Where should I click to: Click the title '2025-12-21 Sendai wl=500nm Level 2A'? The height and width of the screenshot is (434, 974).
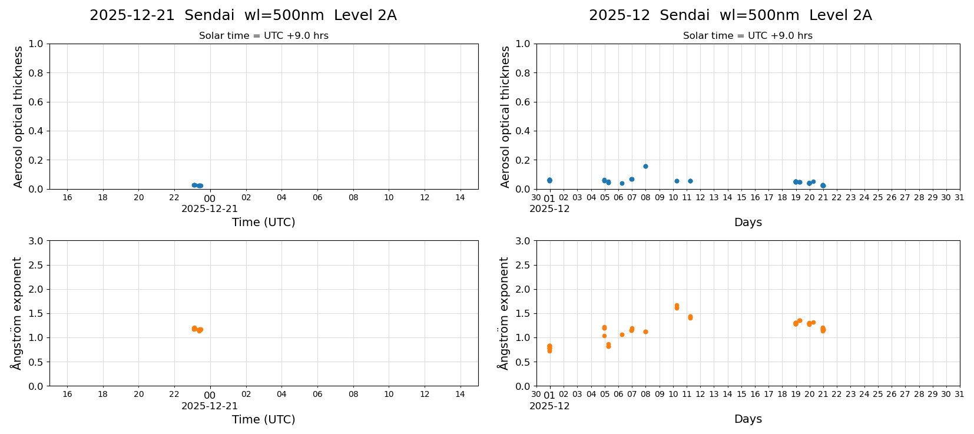(x=243, y=16)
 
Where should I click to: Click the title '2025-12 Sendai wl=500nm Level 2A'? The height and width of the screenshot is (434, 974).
(x=730, y=16)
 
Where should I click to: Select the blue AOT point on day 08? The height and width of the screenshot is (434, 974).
(x=645, y=166)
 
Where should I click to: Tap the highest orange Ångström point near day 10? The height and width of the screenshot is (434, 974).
(x=677, y=306)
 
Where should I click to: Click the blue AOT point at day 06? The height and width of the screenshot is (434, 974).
(x=622, y=183)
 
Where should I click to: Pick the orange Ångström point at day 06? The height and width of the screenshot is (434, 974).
(x=622, y=334)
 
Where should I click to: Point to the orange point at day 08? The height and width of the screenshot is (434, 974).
(x=645, y=332)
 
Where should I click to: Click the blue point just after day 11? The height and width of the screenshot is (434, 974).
(x=690, y=181)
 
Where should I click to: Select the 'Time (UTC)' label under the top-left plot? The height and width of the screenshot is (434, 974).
(x=263, y=222)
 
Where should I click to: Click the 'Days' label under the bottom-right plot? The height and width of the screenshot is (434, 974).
(x=747, y=419)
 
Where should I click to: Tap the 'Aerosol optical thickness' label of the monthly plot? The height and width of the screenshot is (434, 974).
(x=505, y=117)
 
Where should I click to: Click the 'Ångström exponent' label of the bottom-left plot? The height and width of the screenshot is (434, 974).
(x=17, y=313)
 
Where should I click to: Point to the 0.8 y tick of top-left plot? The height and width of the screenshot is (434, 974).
(x=36, y=73)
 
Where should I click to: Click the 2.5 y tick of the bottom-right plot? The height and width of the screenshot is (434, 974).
(x=523, y=265)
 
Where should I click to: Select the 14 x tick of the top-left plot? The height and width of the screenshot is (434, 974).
(x=460, y=197)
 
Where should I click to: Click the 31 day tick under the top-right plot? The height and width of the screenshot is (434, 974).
(x=959, y=197)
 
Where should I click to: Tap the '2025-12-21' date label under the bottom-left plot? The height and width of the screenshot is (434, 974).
(x=210, y=406)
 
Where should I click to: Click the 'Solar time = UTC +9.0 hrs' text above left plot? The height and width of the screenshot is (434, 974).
(x=263, y=36)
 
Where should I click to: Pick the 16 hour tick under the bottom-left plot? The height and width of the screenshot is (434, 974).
(x=67, y=394)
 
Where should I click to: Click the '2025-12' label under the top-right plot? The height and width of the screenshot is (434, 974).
(x=549, y=208)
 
